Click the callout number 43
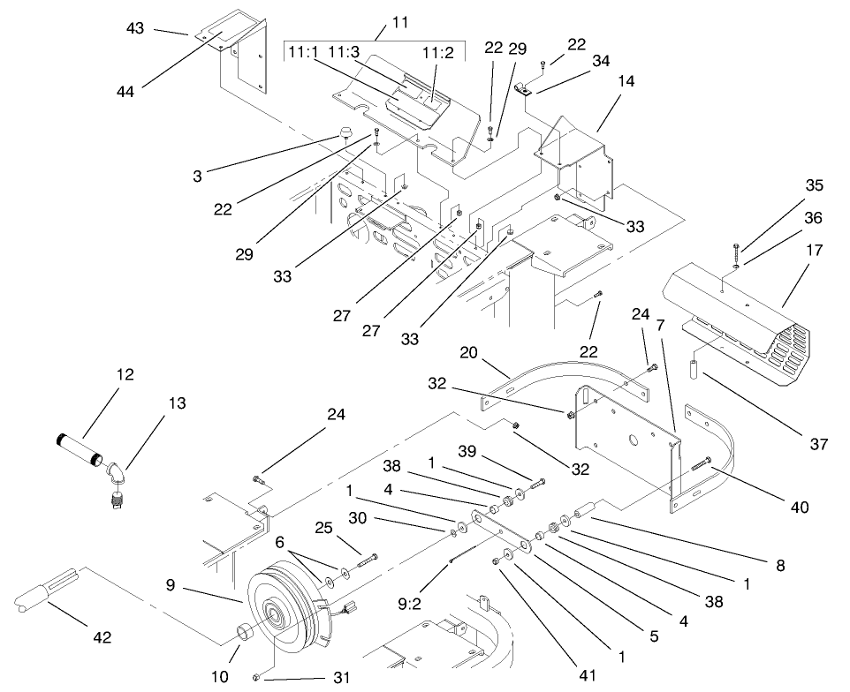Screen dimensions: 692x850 [x=134, y=28]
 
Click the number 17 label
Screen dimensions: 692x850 [x=814, y=251]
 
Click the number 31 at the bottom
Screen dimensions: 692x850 [x=341, y=678]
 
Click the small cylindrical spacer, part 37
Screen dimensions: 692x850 [x=694, y=365]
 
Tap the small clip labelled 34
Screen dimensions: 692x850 [x=524, y=88]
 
